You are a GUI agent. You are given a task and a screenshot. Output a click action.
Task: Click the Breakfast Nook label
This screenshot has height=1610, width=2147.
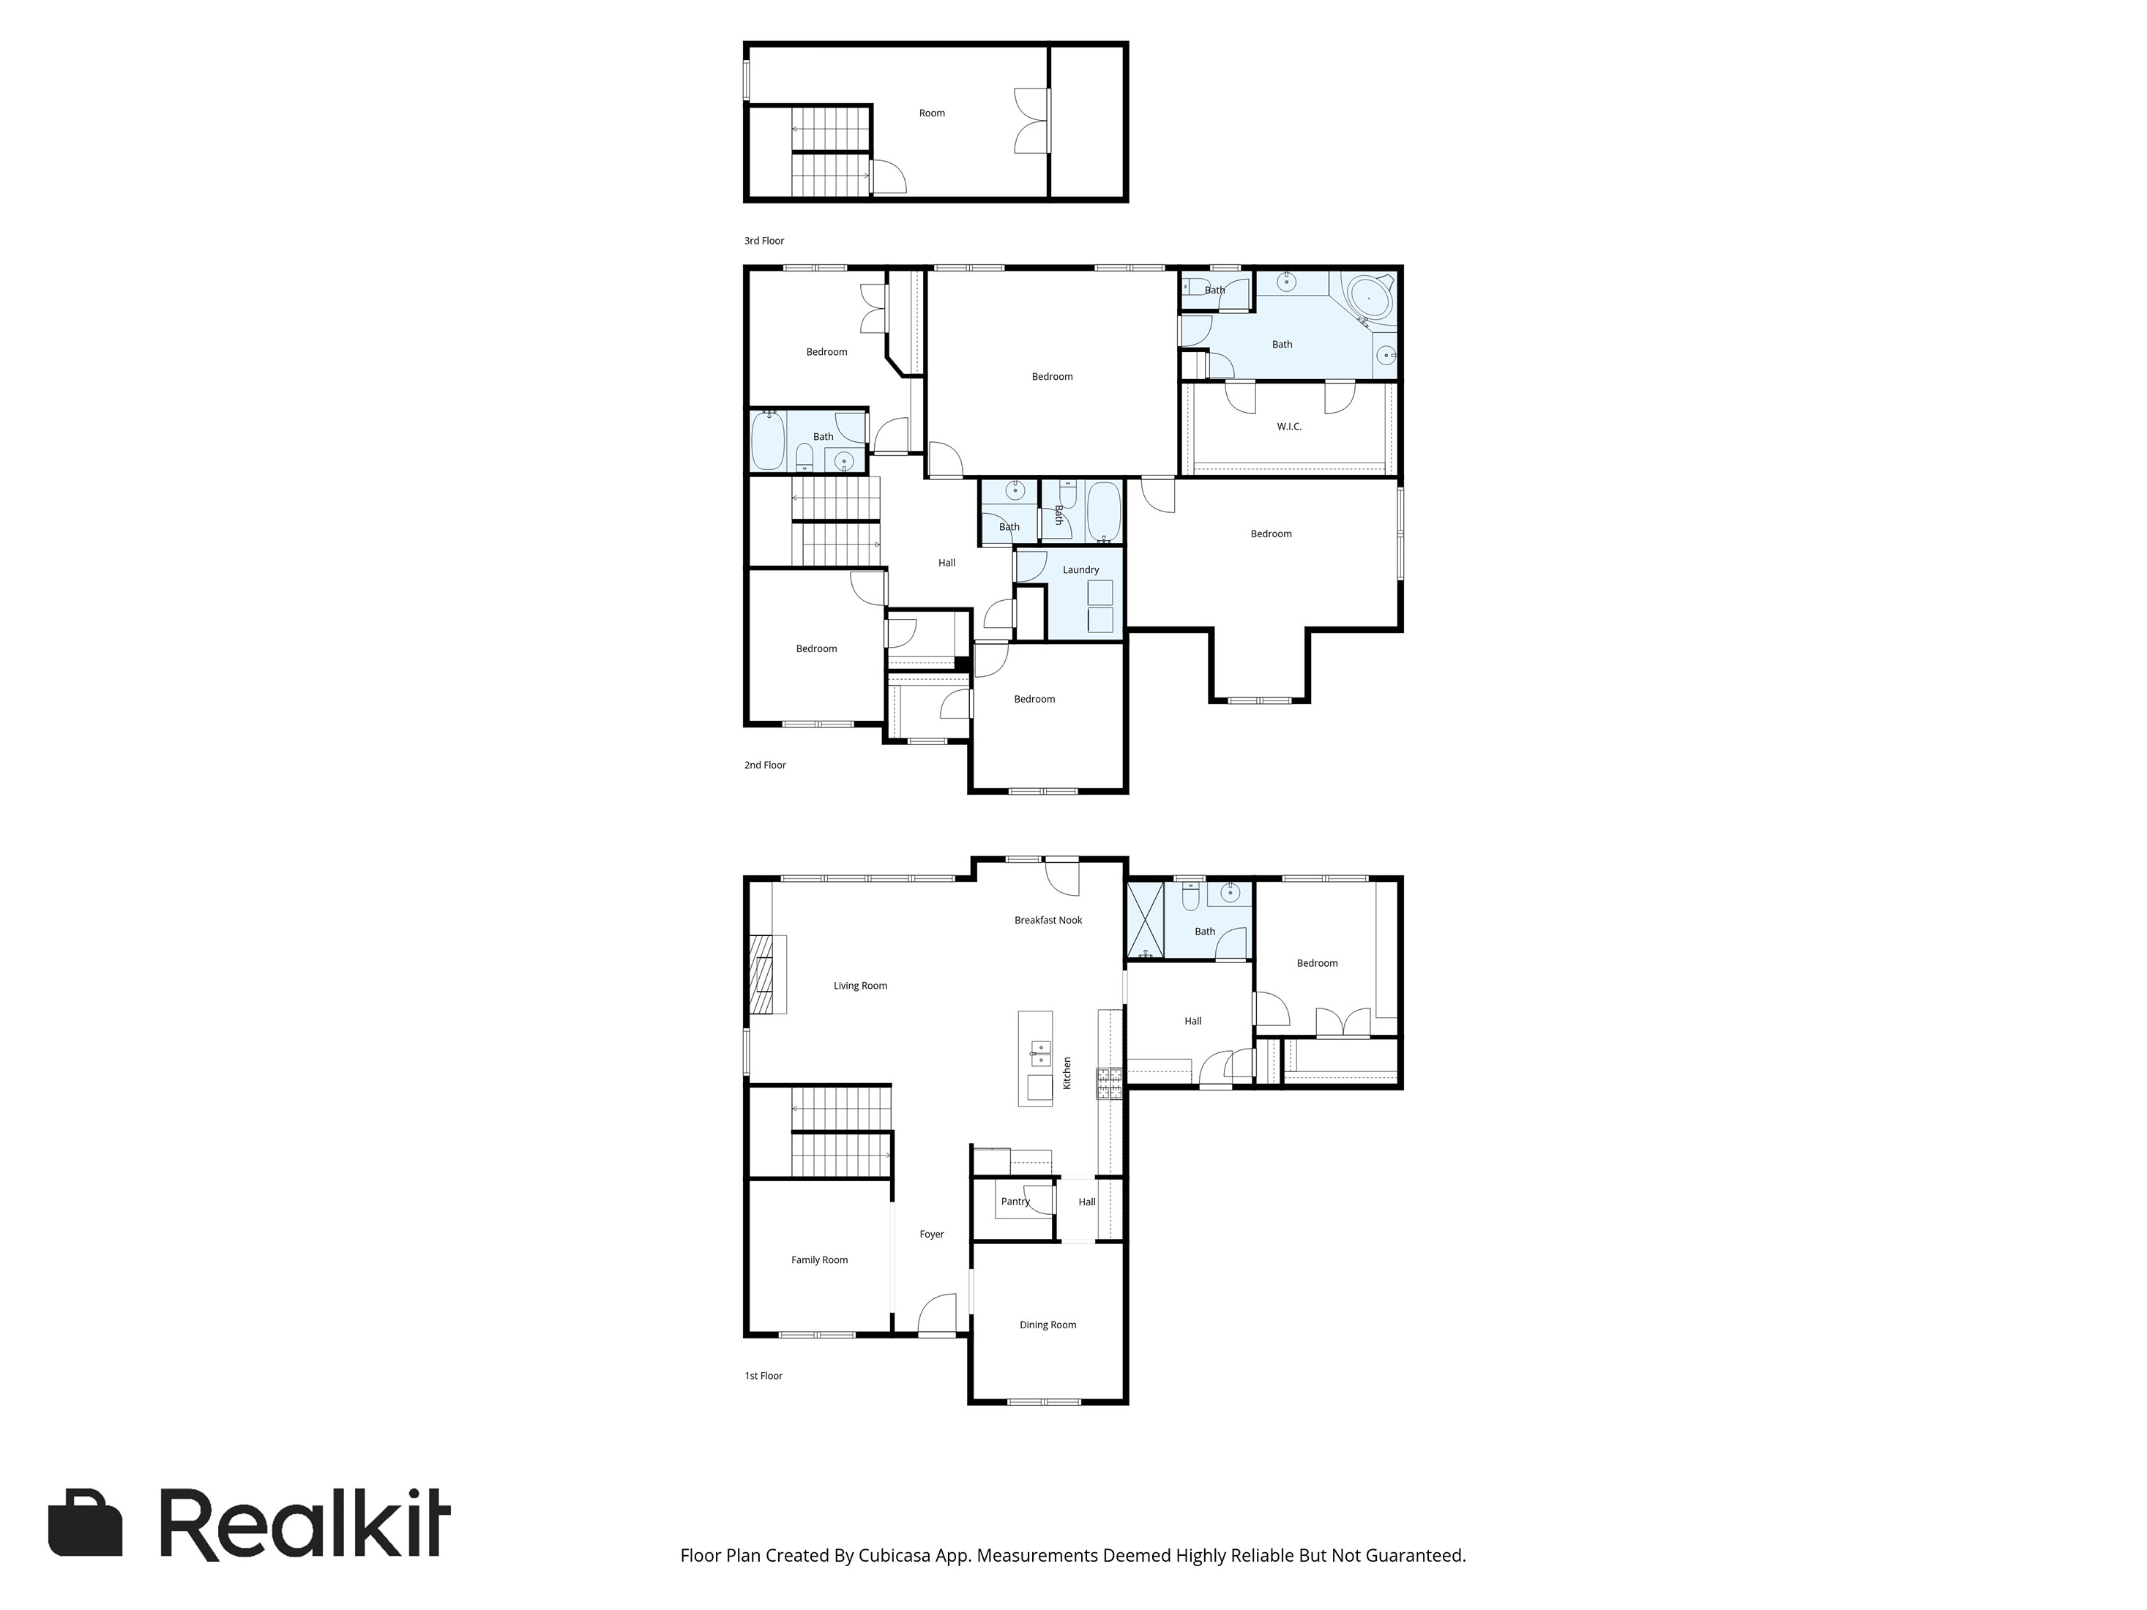pos(1048,920)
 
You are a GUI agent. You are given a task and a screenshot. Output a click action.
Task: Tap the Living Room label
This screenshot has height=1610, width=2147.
pos(860,986)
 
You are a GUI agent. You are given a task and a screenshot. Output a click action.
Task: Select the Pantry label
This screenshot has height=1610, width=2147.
pos(1015,1202)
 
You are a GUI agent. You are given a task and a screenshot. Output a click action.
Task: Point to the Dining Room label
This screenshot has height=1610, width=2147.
pos(1048,1325)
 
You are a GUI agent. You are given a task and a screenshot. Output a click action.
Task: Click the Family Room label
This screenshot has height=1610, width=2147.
pos(819,1259)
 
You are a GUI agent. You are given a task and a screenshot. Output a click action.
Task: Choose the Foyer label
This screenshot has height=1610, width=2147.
pos(932,1235)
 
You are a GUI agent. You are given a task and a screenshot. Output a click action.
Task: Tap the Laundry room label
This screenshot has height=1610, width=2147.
pos(1080,569)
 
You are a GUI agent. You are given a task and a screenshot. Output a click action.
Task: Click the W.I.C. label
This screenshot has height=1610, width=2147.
pos(1289,427)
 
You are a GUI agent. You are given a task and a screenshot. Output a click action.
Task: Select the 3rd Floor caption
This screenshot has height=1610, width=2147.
pos(764,241)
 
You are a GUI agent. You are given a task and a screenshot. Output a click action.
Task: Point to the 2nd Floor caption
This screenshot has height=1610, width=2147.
pos(765,765)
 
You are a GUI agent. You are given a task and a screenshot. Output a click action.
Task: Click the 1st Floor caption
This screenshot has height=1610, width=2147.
pos(763,1375)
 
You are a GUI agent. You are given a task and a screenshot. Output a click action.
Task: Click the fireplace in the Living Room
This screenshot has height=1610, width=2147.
pos(766,974)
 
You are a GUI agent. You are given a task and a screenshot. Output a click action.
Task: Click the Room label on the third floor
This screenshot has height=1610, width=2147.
pos(932,113)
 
